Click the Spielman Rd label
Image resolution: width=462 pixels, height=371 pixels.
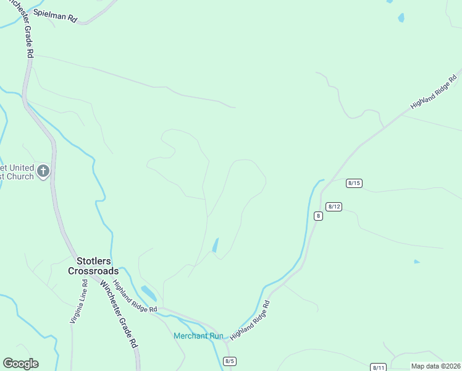(x=56, y=16)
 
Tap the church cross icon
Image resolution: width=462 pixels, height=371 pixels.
(x=43, y=171)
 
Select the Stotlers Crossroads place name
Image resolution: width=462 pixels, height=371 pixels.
(x=93, y=266)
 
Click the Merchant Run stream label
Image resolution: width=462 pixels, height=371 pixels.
(x=198, y=336)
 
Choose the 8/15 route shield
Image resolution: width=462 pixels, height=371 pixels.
(x=354, y=182)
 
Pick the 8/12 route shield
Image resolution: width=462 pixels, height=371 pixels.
(x=334, y=206)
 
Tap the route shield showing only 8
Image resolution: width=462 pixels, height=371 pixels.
(x=318, y=215)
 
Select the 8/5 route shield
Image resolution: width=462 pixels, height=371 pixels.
(x=230, y=361)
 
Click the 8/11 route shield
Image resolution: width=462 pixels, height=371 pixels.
(x=379, y=367)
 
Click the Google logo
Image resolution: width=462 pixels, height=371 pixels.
(x=20, y=364)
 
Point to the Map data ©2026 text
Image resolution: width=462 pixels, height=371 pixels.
(x=435, y=366)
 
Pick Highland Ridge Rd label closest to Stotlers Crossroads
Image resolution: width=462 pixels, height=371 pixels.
(x=135, y=294)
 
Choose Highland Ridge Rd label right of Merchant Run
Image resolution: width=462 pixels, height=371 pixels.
(x=250, y=322)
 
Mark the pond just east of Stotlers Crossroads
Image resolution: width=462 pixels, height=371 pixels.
(x=149, y=292)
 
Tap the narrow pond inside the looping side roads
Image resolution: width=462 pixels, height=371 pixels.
(x=215, y=245)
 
